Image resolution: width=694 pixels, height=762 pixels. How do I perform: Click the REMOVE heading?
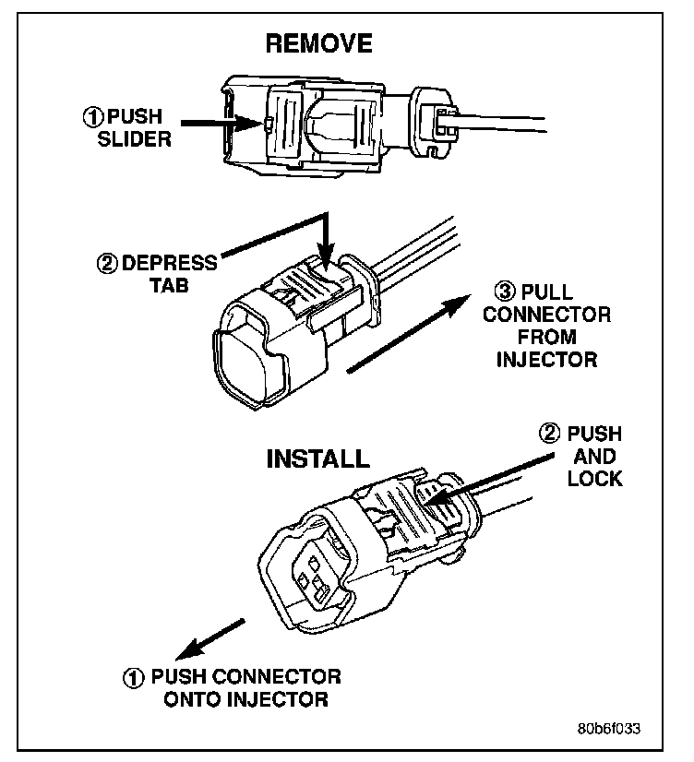coord(319,43)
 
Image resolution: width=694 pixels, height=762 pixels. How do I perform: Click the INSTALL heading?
coord(317,459)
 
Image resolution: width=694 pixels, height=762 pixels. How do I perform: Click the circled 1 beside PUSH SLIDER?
coord(93,117)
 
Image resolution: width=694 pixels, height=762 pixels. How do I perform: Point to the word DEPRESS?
coord(169,264)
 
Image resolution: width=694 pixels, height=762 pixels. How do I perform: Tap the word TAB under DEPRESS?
coord(169,285)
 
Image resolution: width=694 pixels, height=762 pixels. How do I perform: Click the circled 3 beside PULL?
coord(504,293)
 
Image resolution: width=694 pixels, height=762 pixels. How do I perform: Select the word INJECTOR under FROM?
coord(546,359)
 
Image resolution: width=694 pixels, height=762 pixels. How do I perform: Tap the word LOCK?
coord(595,479)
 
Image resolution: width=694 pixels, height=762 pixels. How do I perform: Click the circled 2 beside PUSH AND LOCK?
coord(549,435)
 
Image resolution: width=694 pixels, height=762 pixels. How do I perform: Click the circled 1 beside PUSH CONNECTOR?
coord(134,678)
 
